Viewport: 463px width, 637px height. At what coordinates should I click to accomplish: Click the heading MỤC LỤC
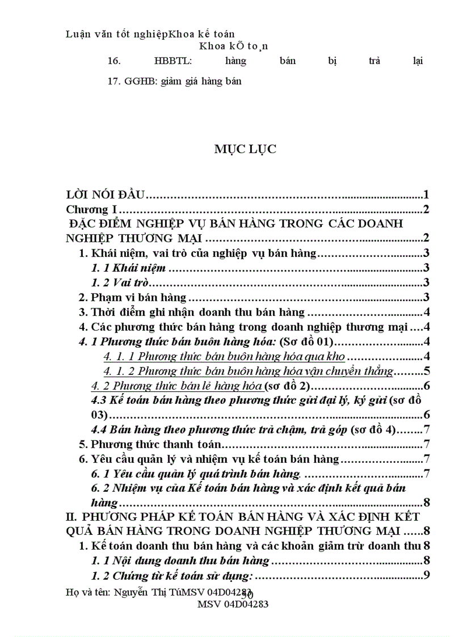[245, 149]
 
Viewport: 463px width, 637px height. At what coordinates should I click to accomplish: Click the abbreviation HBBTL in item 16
[170, 60]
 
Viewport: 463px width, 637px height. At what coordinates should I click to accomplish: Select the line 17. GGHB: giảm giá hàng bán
[174, 81]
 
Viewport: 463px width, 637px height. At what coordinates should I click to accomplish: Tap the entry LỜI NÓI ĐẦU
[107, 196]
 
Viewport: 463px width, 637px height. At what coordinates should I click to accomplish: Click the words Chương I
[91, 210]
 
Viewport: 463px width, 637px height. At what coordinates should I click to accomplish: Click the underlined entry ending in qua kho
[225, 357]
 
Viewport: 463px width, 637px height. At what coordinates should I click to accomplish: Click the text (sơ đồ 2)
[285, 386]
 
